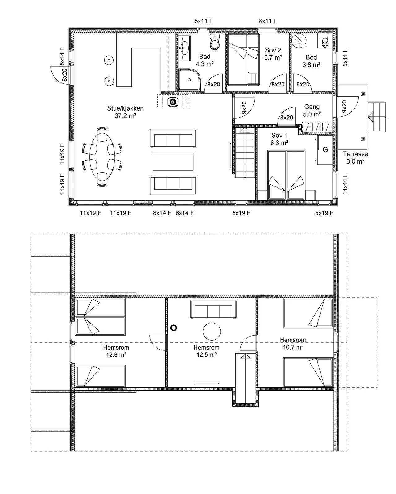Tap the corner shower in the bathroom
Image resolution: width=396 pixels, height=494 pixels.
click(x=189, y=79)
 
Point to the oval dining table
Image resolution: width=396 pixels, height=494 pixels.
click(x=102, y=157)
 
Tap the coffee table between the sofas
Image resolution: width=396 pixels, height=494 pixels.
click(x=173, y=162)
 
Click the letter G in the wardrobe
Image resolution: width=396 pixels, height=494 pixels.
click(x=325, y=150)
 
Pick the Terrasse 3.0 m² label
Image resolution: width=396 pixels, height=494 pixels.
click(x=355, y=157)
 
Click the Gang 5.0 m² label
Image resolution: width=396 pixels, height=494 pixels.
click(x=312, y=111)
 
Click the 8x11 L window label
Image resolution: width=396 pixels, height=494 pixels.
click(x=268, y=21)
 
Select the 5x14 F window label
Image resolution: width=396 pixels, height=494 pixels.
click(x=62, y=56)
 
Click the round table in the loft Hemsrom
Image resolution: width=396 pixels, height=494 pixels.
click(x=212, y=332)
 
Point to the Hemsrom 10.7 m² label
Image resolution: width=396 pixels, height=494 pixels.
click(x=293, y=343)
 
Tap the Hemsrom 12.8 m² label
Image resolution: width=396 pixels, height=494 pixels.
click(x=116, y=351)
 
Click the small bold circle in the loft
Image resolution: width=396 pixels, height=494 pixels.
click(x=174, y=328)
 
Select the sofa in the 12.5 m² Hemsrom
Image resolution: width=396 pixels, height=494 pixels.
click(x=213, y=309)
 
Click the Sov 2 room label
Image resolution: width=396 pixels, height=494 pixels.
click(x=273, y=54)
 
